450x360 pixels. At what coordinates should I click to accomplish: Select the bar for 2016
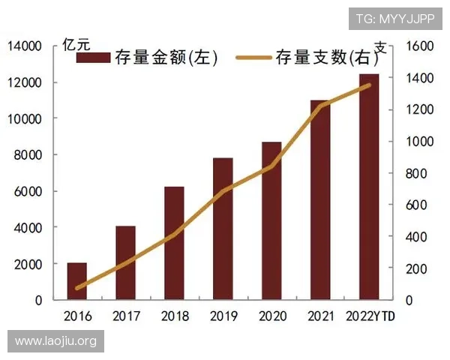click(76, 281)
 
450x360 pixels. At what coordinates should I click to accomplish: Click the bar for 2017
click(125, 262)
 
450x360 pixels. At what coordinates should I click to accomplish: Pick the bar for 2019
click(223, 229)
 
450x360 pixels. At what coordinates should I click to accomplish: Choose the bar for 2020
click(271, 220)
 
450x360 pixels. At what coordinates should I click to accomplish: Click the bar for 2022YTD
click(369, 187)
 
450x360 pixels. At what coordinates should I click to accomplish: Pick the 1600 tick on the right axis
click(419, 46)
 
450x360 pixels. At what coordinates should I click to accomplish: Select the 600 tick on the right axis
click(416, 205)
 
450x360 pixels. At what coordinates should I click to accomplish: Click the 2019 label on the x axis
click(223, 316)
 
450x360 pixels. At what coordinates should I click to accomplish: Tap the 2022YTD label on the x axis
click(370, 316)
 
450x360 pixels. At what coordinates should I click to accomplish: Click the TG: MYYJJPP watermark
click(394, 17)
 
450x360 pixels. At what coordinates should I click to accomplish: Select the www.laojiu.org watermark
click(56, 341)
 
